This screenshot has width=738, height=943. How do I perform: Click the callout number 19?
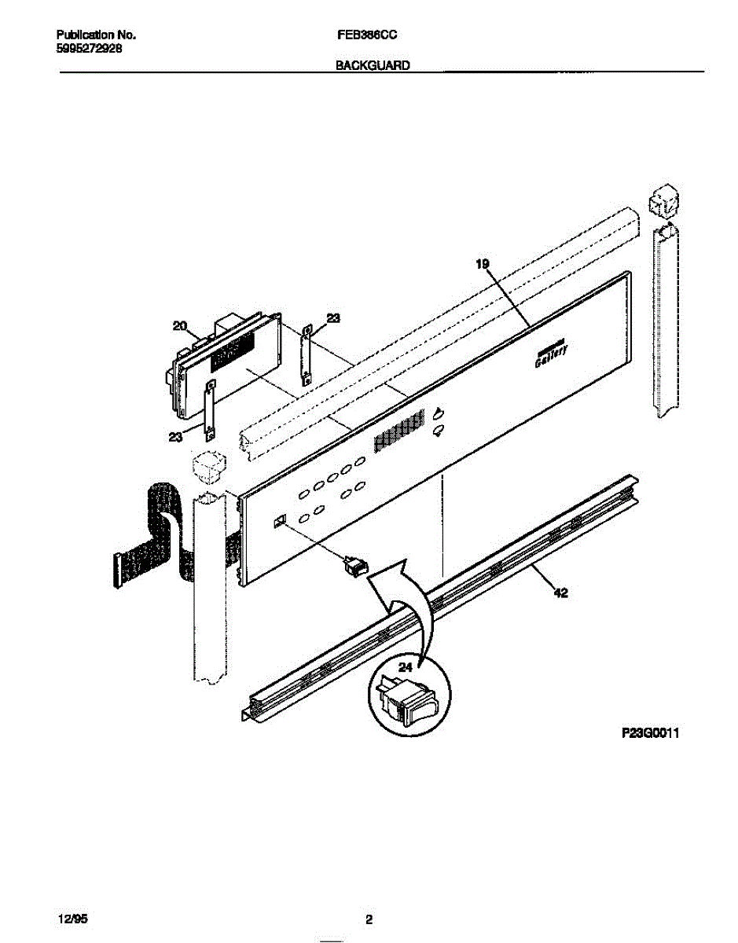483,263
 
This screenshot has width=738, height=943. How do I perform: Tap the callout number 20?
180,326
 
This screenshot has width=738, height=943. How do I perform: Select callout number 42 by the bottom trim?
560,593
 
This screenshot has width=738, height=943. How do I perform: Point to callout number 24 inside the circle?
406,667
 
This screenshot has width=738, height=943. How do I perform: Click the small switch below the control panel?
356,567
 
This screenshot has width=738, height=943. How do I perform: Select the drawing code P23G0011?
650,733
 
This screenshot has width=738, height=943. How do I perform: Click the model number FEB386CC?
366,35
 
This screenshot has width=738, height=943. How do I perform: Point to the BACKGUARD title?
373,65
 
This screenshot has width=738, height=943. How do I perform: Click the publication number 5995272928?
89,49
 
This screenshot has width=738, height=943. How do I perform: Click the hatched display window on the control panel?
399,432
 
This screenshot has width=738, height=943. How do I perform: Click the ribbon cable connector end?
117,571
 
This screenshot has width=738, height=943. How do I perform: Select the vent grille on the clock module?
233,352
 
